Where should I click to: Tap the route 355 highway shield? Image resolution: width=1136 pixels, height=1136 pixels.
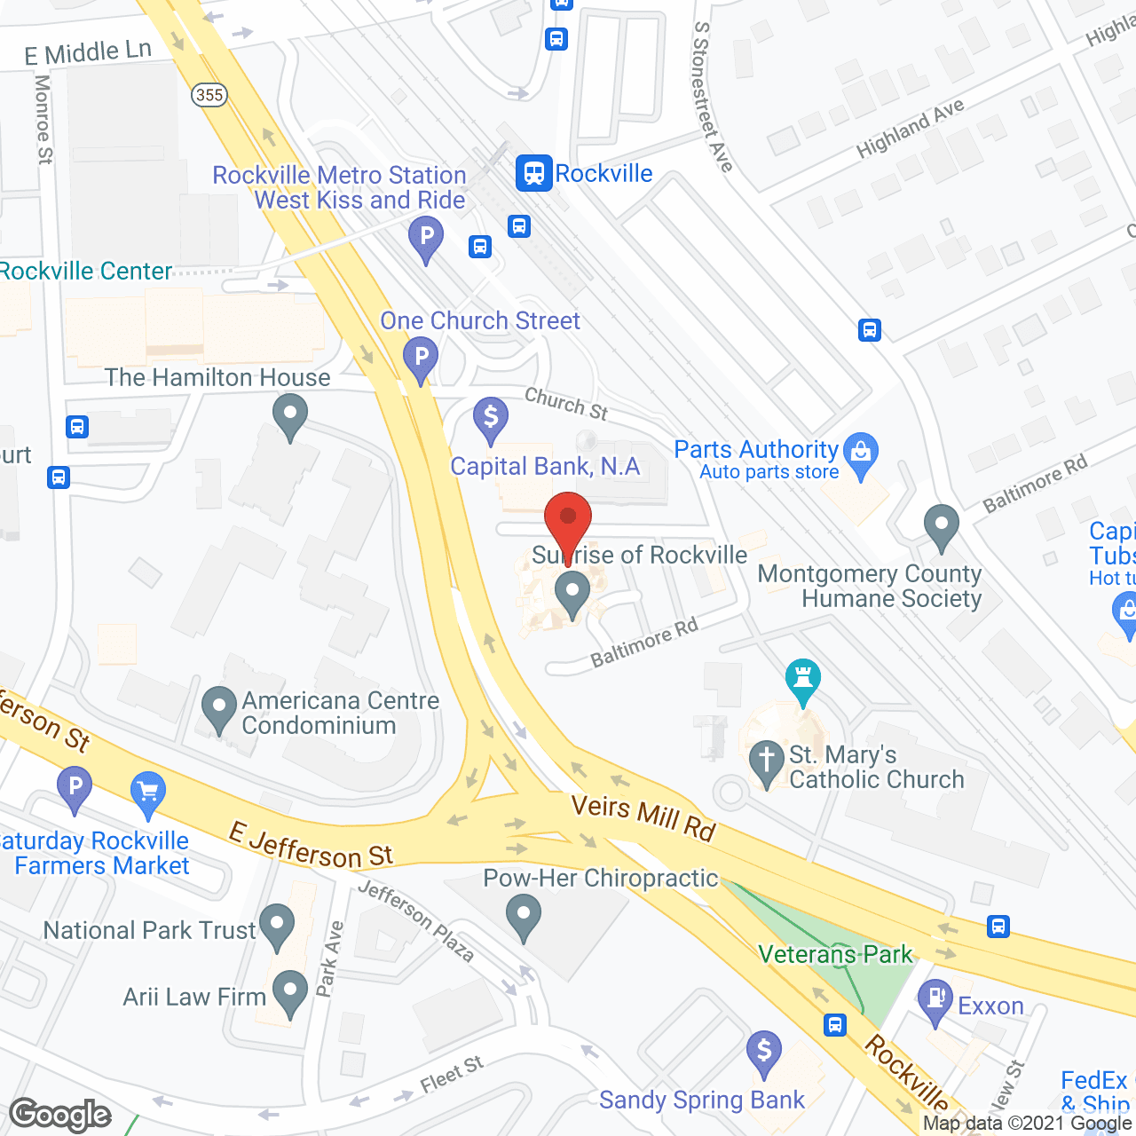coord(209,95)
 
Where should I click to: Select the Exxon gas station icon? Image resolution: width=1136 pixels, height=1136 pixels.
coord(935,1001)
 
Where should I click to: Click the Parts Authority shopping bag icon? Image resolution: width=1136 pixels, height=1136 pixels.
coord(860,454)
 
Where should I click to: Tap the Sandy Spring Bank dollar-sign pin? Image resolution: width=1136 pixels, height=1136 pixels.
coord(763,1053)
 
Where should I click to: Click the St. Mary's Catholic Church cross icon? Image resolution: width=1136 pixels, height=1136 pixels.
coord(766,764)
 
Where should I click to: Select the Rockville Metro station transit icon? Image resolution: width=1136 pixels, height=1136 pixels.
coord(533,173)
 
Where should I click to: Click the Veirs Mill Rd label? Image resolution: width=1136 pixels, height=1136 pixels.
coord(643,817)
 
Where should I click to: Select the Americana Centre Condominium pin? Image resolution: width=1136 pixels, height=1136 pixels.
coord(219,709)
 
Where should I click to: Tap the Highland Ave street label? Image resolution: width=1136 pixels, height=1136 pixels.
coord(910,130)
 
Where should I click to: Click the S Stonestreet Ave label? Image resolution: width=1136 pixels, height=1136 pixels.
coord(713,98)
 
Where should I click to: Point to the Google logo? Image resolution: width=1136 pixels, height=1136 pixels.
coord(60,1115)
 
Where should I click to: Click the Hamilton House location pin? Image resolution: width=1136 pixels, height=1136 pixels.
coord(289,415)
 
